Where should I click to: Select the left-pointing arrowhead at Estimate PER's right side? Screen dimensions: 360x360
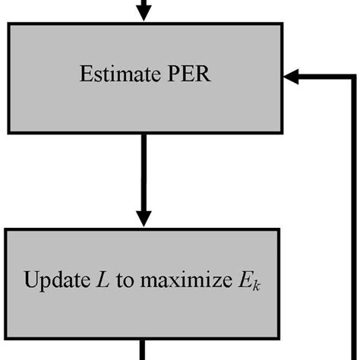(291, 76)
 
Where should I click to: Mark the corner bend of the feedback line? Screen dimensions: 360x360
(353, 76)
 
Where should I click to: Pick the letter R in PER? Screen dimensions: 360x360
(197, 76)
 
